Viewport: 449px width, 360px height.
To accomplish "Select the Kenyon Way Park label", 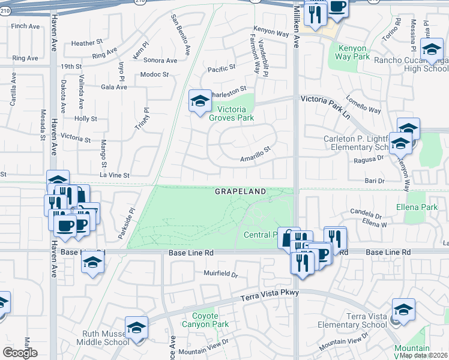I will click(354, 52).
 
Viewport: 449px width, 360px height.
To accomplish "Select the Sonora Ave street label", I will click(160, 61).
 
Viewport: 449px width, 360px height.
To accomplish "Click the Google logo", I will click(20, 353).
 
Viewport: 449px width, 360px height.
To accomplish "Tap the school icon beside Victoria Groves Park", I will click(200, 101).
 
